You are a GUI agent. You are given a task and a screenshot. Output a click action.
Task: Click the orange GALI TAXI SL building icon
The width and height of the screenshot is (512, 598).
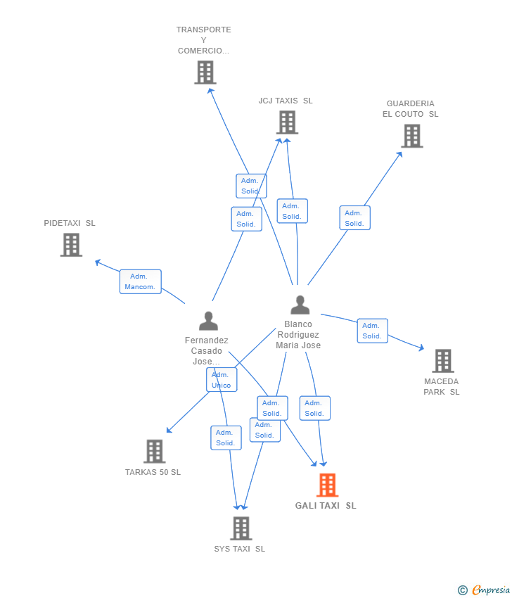pyautogui.click(x=328, y=485)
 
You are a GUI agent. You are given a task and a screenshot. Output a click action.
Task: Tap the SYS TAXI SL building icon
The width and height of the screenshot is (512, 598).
pyautogui.click(x=241, y=528)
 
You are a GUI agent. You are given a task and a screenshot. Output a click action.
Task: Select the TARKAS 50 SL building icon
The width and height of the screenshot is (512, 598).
pyautogui.click(x=155, y=451)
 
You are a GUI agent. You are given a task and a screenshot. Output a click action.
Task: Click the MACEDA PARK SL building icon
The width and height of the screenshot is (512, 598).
pyautogui.click(x=443, y=361)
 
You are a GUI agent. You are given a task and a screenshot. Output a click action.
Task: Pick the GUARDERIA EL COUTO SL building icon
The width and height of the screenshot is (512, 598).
pyautogui.click(x=412, y=136)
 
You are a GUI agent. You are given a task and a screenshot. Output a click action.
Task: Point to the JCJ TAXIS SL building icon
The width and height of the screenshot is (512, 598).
pyautogui.click(x=287, y=122)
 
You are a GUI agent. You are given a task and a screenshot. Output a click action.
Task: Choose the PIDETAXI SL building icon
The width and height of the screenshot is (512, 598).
pyautogui.click(x=71, y=245)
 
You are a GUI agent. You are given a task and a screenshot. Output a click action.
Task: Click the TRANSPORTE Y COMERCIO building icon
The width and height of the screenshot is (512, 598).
pyautogui.click(x=205, y=72)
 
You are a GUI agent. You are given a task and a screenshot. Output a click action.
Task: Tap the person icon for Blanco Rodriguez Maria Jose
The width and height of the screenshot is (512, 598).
pyautogui.click(x=300, y=305)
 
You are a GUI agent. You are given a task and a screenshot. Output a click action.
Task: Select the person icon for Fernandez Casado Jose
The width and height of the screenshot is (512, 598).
pyautogui.click(x=209, y=321)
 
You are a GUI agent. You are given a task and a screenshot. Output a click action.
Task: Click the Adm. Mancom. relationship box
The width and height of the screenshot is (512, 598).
pyautogui.click(x=140, y=282)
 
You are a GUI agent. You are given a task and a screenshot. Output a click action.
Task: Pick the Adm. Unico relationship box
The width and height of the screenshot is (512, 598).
pyautogui.click(x=222, y=380)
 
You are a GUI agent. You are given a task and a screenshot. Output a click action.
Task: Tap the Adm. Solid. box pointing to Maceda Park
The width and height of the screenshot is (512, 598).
pyautogui.click(x=373, y=331)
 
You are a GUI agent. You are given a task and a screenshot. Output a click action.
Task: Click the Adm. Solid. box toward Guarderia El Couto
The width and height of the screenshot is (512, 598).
pyautogui.click(x=355, y=218)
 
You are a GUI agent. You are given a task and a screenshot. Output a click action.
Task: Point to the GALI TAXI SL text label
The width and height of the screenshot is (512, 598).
pyautogui.click(x=326, y=506)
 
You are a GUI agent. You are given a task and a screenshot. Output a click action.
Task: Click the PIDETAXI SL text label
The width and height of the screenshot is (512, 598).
pyautogui.click(x=70, y=223)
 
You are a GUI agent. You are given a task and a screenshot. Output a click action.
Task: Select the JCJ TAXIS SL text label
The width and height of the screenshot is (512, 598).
pyautogui.click(x=286, y=101)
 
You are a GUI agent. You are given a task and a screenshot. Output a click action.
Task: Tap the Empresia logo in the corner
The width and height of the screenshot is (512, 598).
pyautogui.click(x=484, y=590)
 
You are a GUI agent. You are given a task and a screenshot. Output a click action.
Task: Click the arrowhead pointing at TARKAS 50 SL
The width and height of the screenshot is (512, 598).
pyautogui.click(x=169, y=430)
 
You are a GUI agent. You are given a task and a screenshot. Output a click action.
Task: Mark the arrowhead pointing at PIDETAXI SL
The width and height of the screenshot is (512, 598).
pyautogui.click(x=98, y=262)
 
